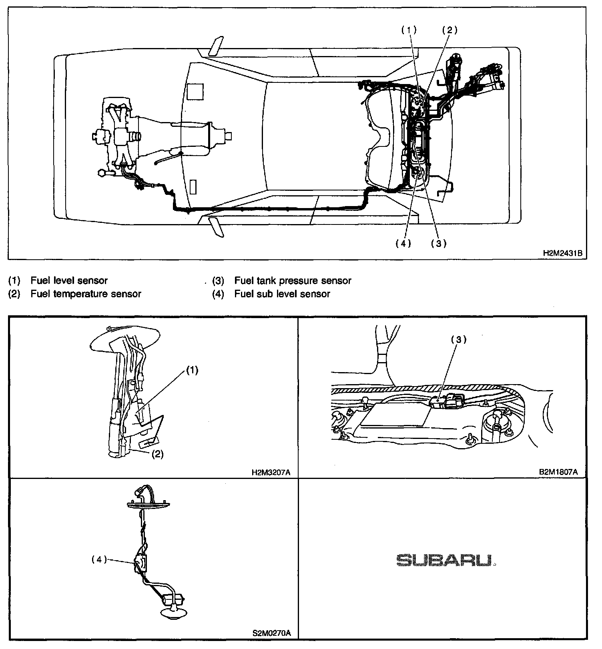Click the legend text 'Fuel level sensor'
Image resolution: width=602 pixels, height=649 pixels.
[69, 281]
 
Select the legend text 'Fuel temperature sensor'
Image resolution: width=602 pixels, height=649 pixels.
[86, 294]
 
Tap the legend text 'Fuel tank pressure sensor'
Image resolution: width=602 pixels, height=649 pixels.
[293, 281]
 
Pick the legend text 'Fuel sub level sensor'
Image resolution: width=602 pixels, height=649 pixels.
[282, 294]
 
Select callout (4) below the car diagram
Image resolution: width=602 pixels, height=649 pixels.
[403, 244]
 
